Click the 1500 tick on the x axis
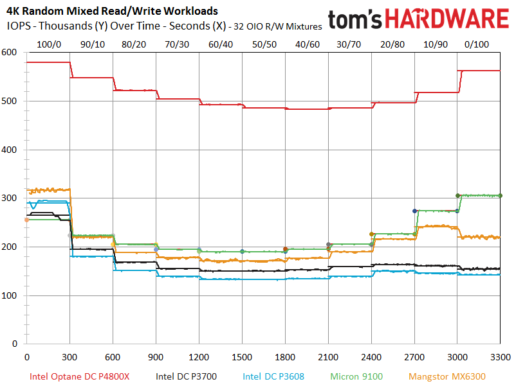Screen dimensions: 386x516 click(x=242, y=356)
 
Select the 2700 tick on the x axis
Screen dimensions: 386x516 click(x=414, y=356)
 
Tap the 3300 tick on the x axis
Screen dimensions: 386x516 click(x=501, y=356)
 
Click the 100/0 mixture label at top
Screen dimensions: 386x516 click(x=49, y=44)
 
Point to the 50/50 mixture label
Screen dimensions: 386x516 click(x=264, y=44)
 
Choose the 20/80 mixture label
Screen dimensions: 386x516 click(x=392, y=44)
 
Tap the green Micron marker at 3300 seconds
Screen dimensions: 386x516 click(x=501, y=196)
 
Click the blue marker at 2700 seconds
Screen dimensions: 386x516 click(x=415, y=211)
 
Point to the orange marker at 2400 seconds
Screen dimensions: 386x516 click(x=371, y=234)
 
